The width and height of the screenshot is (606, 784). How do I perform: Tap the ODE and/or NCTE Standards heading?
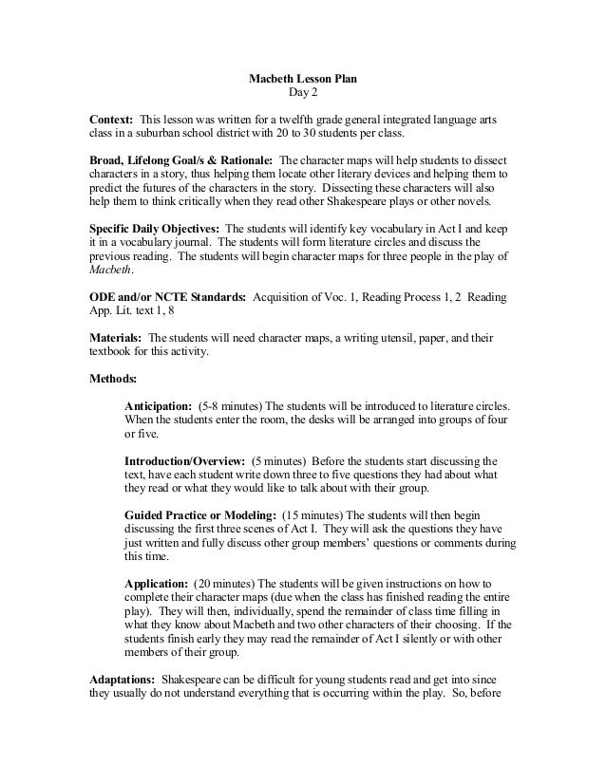[x=167, y=297]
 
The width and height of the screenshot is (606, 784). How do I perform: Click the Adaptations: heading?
[x=123, y=681]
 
